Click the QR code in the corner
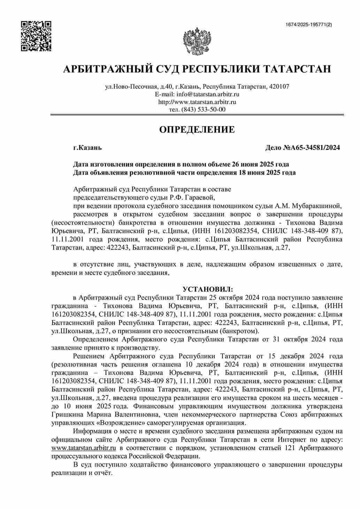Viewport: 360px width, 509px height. pyautogui.click(x=36, y=36)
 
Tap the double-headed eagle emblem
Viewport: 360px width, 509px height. pyautogui.click(x=197, y=41)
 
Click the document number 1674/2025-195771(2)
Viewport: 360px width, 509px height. pyautogui.click(x=308, y=24)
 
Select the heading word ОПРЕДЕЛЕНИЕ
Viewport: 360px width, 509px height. pyautogui.click(x=197, y=130)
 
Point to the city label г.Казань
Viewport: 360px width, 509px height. pyautogui.click(x=87, y=148)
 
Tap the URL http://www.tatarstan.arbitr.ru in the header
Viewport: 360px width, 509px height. pyautogui.click(x=197, y=102)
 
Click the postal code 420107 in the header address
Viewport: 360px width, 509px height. pyautogui.click(x=279, y=86)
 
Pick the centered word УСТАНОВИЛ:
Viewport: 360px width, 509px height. pyautogui.click(x=208, y=290)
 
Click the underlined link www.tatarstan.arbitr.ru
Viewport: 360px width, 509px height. pyautogui.click(x=83, y=448)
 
